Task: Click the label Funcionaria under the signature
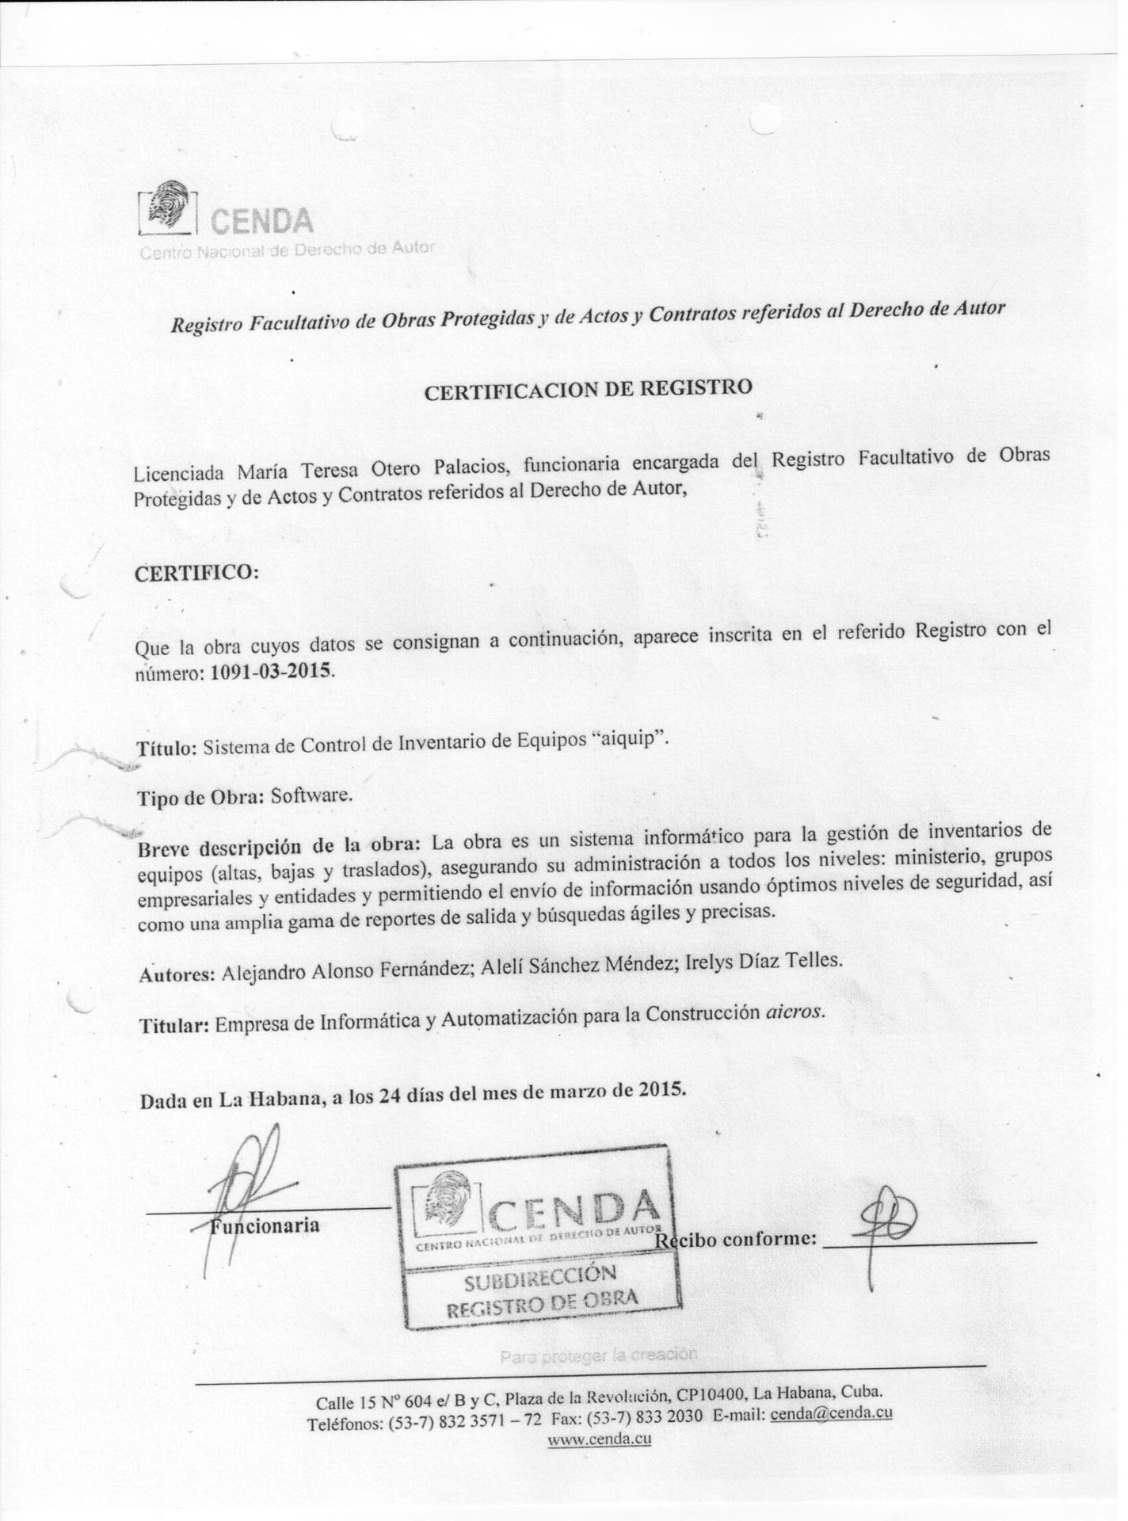pyautogui.click(x=265, y=1226)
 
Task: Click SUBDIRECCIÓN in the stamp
pyautogui.click(x=540, y=1276)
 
